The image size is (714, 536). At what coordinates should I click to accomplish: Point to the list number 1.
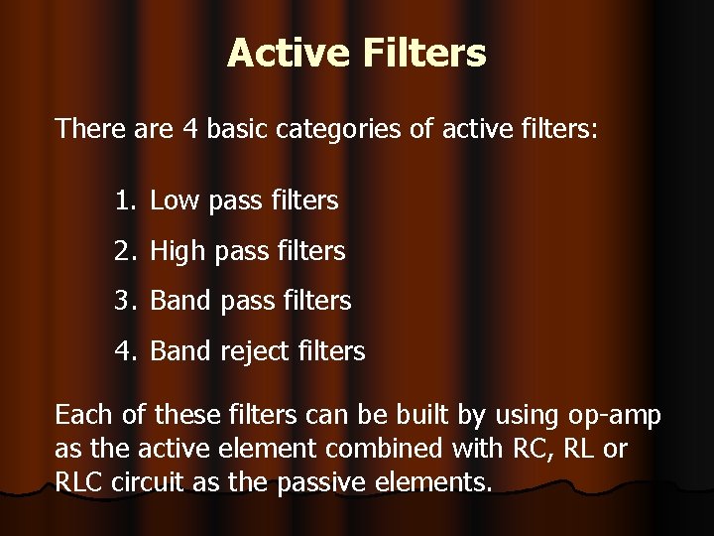[123, 201]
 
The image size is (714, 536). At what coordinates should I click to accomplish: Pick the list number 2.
[123, 252]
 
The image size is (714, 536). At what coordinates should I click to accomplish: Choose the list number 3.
[123, 301]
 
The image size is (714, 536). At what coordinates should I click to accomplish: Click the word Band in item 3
[178, 301]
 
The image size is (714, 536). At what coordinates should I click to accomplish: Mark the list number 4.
[123, 350]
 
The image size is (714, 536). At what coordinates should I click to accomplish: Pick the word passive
[320, 483]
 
